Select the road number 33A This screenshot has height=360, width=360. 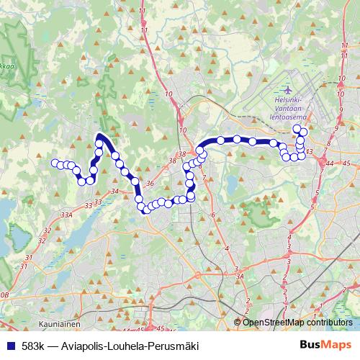click(x=67, y=215)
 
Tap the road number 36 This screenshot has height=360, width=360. click(x=150, y=184)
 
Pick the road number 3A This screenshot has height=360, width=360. click(x=240, y=275)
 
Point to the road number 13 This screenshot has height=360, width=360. click(x=309, y=152)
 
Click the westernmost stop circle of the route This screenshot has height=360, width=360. click(x=54, y=163)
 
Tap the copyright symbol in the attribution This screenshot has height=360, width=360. click(x=238, y=323)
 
